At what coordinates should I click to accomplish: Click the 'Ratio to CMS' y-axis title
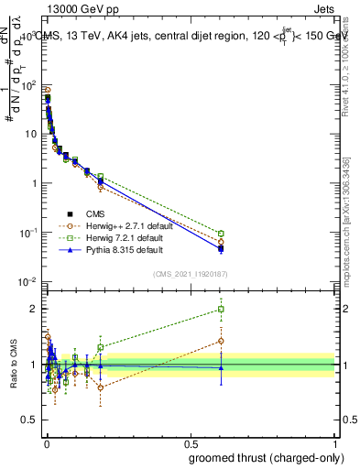click(12, 365)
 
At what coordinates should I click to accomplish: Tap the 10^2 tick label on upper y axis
click(30, 84)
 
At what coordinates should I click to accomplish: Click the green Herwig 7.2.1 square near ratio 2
click(221, 309)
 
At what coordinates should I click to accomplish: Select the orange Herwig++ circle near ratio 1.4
click(221, 341)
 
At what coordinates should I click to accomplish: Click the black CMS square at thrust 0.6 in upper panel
click(221, 248)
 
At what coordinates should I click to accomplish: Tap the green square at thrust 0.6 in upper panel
click(221, 233)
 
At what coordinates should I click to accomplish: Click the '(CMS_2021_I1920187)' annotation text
click(190, 274)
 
